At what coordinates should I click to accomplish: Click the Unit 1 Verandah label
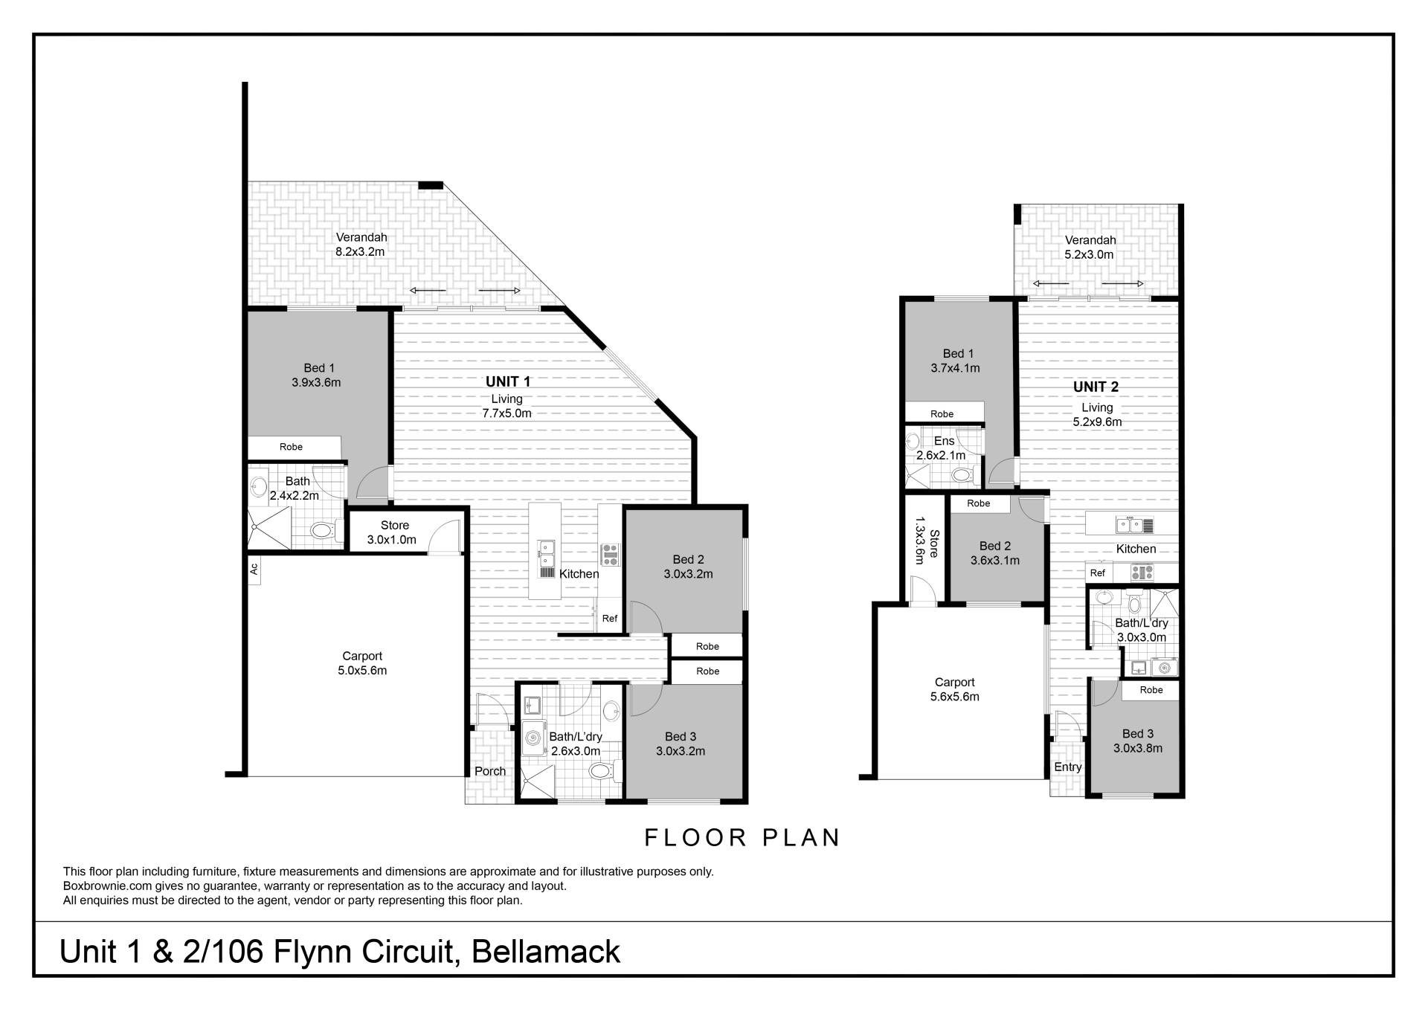tap(361, 237)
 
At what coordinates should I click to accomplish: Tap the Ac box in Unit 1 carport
tap(254, 569)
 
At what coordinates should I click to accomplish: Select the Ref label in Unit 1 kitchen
tap(610, 619)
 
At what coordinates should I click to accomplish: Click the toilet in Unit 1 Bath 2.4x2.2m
tap(322, 530)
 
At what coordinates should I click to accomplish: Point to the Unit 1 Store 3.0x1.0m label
tap(395, 526)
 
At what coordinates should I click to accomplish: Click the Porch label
tap(490, 771)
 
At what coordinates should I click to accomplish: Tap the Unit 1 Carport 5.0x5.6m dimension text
tap(362, 670)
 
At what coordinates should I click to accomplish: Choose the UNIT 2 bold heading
tap(1096, 387)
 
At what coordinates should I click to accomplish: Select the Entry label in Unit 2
tap(1067, 767)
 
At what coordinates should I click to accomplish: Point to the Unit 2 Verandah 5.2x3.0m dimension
tap(1090, 254)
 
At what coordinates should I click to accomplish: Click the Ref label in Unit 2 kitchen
tap(1098, 573)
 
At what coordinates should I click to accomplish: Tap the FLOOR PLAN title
tap(742, 838)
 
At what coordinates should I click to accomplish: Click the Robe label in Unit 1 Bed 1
tap(291, 447)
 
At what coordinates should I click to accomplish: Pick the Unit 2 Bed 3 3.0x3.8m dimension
tap(1137, 748)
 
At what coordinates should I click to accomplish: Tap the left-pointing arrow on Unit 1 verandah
tap(428, 290)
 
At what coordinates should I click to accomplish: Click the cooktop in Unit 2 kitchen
tap(1142, 573)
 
